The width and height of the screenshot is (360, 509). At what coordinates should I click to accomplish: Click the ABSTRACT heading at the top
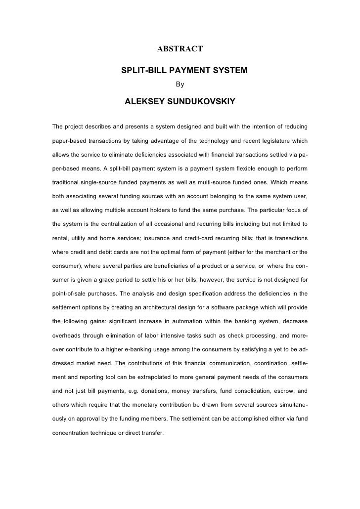[180, 48]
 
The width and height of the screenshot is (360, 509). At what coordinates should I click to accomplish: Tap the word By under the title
[180, 85]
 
